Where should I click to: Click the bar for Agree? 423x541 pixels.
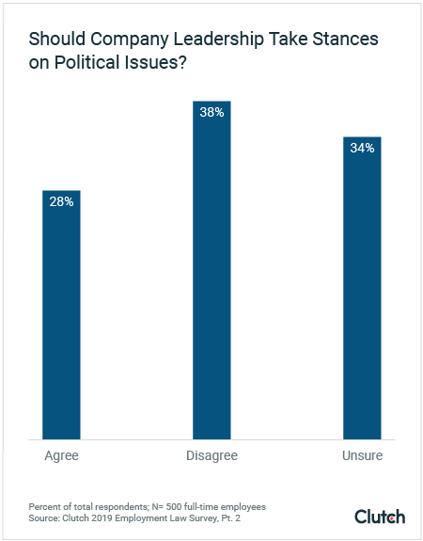click(61, 315)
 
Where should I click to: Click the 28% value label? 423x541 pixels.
click(61, 201)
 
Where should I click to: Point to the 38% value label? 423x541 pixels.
click(211, 111)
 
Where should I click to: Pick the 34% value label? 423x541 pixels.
click(362, 148)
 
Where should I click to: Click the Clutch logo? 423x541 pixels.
click(380, 517)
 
